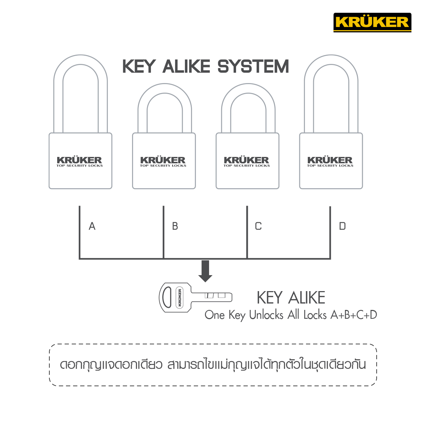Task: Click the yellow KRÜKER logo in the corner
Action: pyautogui.click(x=372, y=22)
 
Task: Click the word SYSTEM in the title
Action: pyautogui.click(x=253, y=66)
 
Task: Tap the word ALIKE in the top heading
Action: pyautogui.click(x=186, y=66)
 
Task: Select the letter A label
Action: pyautogui.click(x=92, y=226)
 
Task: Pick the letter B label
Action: pyautogui.click(x=175, y=226)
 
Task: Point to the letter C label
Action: pyautogui.click(x=258, y=226)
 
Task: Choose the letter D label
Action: pyautogui.click(x=342, y=226)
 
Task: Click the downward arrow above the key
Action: pyautogui.click(x=205, y=271)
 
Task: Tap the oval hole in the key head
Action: pyautogui.click(x=167, y=297)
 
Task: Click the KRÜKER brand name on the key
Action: pyautogui.click(x=180, y=297)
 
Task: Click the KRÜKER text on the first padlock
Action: pyautogui.click(x=80, y=160)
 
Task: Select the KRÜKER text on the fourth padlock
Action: pyautogui.click(x=330, y=160)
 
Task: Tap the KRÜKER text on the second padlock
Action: pyautogui.click(x=163, y=160)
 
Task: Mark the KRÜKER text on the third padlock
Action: pyautogui.click(x=246, y=160)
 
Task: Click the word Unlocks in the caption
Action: pyautogui.click(x=266, y=315)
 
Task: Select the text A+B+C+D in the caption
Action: pyautogui.click(x=354, y=315)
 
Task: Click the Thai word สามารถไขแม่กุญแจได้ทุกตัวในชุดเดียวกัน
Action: pyautogui.click(x=267, y=365)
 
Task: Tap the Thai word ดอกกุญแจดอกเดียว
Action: pyautogui.click(x=111, y=365)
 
